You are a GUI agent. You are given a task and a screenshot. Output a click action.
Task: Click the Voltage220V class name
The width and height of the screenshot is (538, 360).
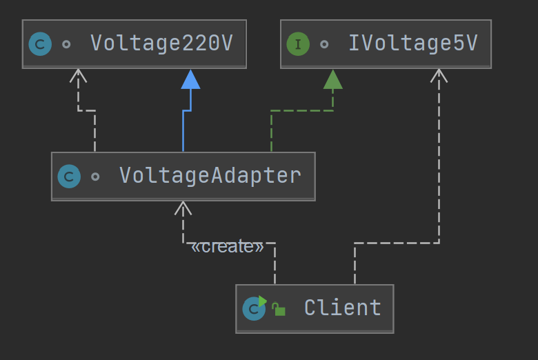point(161,44)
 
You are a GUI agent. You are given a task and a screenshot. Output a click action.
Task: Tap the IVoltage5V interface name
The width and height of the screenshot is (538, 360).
point(412,44)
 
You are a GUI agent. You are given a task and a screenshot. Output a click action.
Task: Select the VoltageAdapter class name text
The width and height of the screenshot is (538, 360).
point(210,176)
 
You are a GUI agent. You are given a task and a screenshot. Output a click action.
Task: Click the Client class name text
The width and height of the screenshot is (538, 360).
point(342,308)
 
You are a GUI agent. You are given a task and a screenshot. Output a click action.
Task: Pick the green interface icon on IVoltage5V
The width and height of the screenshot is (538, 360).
point(298,45)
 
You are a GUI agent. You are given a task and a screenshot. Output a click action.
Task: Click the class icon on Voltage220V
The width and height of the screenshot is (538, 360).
point(40,45)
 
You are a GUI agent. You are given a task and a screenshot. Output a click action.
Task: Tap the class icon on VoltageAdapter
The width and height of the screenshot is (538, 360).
point(69,177)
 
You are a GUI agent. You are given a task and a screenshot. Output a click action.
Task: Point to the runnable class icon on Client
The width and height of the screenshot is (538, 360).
point(254,308)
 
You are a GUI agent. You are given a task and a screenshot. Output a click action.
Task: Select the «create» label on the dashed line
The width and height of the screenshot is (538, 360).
point(227,247)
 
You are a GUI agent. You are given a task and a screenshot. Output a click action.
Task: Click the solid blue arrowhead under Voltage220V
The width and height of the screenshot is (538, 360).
point(190,79)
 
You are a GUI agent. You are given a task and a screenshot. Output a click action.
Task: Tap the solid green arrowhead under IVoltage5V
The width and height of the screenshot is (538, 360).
point(333,79)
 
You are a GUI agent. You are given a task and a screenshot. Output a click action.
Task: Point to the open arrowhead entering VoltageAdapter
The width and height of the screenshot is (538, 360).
point(183,208)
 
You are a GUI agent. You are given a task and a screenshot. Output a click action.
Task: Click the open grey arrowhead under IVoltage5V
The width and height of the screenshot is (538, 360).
point(439,75)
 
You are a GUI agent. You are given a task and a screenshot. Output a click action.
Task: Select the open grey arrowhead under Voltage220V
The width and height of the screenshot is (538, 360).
point(79,75)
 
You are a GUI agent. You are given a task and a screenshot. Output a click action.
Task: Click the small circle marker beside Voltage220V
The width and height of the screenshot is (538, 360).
point(66,45)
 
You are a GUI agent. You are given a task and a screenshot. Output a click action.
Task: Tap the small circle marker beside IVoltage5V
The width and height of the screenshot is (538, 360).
point(324,45)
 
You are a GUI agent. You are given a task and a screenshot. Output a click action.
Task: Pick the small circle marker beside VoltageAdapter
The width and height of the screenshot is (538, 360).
point(95,177)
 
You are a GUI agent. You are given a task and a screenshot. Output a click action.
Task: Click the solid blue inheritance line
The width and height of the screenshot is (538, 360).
point(183,131)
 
